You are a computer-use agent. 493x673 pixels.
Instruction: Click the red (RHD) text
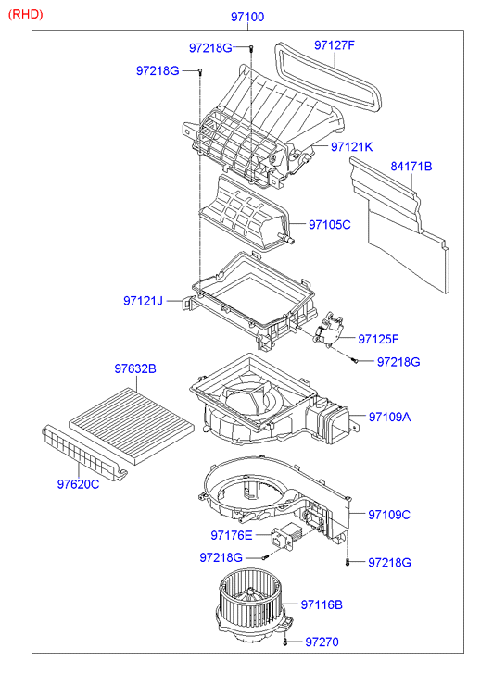(x=25, y=14)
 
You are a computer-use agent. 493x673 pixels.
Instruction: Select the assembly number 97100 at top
(x=247, y=17)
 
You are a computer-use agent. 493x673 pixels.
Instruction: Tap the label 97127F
(x=334, y=45)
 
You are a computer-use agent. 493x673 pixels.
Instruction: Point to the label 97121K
(x=351, y=147)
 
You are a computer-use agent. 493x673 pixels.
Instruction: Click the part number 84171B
(x=411, y=166)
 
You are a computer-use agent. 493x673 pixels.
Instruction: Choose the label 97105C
(x=330, y=224)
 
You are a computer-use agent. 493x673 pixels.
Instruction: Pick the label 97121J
(x=143, y=301)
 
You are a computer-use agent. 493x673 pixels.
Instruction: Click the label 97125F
(x=378, y=339)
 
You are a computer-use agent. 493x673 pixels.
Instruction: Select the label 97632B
(x=135, y=368)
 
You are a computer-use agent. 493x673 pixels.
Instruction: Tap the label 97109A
(x=389, y=417)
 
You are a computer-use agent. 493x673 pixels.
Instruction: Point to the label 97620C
(x=78, y=484)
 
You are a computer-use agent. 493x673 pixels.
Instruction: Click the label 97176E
(x=232, y=535)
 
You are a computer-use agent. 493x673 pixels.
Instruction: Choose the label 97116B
(x=322, y=604)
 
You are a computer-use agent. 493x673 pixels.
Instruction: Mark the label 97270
(x=322, y=642)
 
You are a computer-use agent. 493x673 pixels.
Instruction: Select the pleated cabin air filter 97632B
(x=132, y=427)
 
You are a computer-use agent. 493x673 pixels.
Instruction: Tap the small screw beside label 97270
(x=285, y=642)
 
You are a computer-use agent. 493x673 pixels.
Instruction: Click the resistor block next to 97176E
(x=282, y=538)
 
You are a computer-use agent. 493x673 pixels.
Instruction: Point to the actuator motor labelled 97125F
(x=328, y=329)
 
